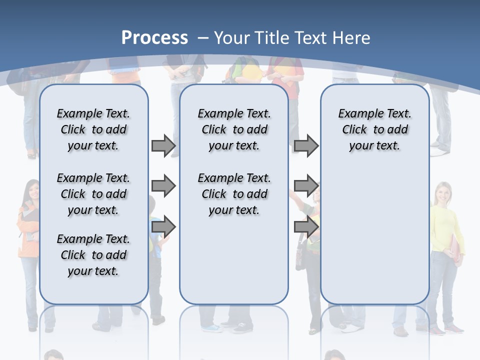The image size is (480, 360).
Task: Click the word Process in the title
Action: [x=154, y=38]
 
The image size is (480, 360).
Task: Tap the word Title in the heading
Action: [x=271, y=38]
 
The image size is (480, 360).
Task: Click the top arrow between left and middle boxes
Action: [x=163, y=145]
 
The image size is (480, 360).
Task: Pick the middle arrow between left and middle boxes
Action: [x=163, y=186]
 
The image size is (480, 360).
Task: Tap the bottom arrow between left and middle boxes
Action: [x=163, y=227]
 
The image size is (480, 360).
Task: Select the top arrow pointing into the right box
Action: [x=306, y=145]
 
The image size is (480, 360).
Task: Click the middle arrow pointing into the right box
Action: [x=306, y=186]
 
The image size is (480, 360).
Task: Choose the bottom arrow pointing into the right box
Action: [x=306, y=227]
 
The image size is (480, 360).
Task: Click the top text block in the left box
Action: [x=93, y=129]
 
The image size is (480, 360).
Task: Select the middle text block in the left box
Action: [x=93, y=194]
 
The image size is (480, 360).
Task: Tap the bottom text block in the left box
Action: [x=93, y=255]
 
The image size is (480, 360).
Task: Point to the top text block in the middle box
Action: [x=234, y=129]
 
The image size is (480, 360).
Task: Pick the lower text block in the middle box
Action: [x=234, y=194]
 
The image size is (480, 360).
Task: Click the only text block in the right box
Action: [x=374, y=129]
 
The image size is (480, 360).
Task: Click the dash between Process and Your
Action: [x=203, y=38]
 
